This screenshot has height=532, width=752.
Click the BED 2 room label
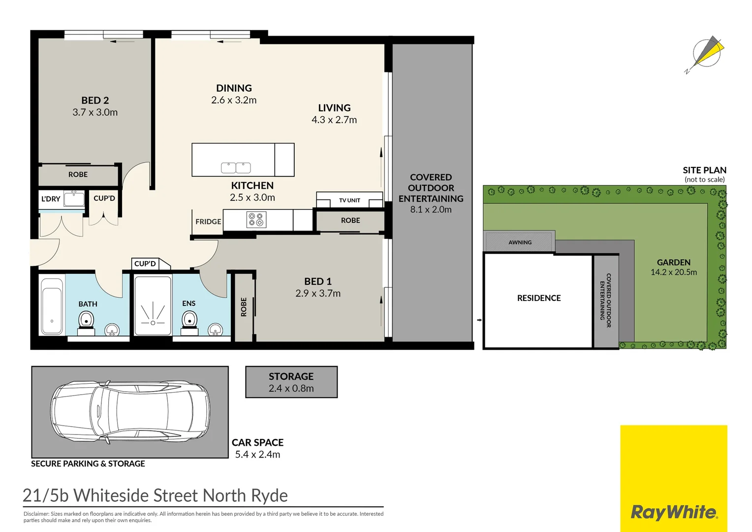point(95,100)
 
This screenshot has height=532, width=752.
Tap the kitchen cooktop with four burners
point(255,219)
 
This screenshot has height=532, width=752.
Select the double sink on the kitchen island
point(236,167)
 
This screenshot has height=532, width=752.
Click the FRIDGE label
point(208,222)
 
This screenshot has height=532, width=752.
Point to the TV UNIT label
point(349,200)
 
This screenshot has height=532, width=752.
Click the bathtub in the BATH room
point(52,307)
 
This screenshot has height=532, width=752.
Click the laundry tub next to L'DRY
point(74,199)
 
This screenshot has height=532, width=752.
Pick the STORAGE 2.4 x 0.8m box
point(291,382)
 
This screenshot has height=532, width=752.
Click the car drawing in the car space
point(130,411)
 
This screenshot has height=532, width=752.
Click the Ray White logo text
point(674,512)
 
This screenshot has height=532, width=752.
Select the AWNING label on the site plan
point(520,242)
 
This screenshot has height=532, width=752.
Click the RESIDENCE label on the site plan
point(539,298)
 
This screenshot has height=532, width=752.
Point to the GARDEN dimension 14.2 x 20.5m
point(673,272)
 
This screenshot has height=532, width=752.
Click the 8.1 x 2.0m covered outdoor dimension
point(431,209)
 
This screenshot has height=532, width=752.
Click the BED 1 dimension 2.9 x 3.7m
point(318,294)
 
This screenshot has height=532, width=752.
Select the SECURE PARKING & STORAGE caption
point(88,464)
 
